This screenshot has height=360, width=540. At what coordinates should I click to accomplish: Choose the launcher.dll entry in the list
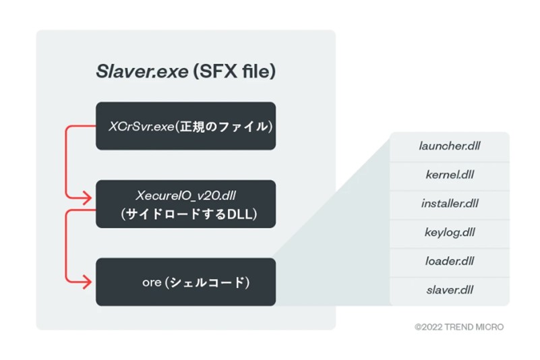(x=449, y=146)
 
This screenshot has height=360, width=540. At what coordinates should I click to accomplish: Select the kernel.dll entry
(x=449, y=175)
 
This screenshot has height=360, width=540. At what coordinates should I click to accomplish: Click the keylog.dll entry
(x=449, y=233)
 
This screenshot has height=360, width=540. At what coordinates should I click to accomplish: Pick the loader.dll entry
(x=449, y=262)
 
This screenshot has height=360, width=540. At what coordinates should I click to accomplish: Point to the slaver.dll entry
(x=449, y=291)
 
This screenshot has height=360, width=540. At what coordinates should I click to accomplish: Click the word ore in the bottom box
(x=151, y=282)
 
